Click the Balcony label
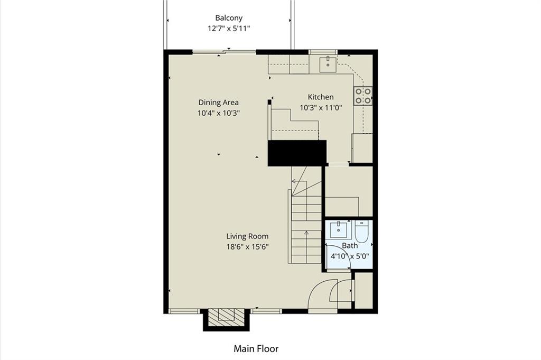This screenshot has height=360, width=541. tap(229, 18)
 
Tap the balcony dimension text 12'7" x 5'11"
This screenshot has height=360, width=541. tap(229, 29)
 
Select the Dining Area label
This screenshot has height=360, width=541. tap(218, 103)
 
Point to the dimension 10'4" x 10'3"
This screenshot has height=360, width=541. tap(218, 113)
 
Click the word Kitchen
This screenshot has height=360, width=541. tap(321, 97)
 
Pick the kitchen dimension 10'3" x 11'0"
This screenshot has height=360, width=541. tap(321, 107)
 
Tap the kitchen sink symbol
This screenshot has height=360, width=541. tap(328, 64)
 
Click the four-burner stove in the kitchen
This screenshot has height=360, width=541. tap(363, 96)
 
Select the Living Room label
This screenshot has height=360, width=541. tap(247, 236)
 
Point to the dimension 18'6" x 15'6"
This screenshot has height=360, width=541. tap(247, 247)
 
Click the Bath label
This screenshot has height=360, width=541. tap(350, 246)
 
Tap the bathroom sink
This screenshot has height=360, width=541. tap(339, 229)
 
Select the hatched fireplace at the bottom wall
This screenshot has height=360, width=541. tap(226, 318)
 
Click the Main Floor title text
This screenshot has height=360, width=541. tap(256, 348)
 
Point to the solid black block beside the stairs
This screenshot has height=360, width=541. tap(297, 153)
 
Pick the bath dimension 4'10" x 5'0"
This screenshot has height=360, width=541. tap(350, 256)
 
